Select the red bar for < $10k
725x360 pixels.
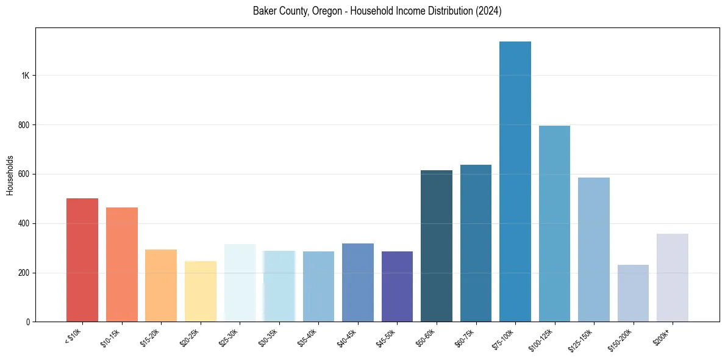click(82, 259)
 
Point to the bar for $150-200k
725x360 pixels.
click(633, 293)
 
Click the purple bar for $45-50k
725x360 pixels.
click(397, 286)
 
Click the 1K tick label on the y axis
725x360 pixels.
click(26, 76)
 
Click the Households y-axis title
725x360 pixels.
click(10, 175)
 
